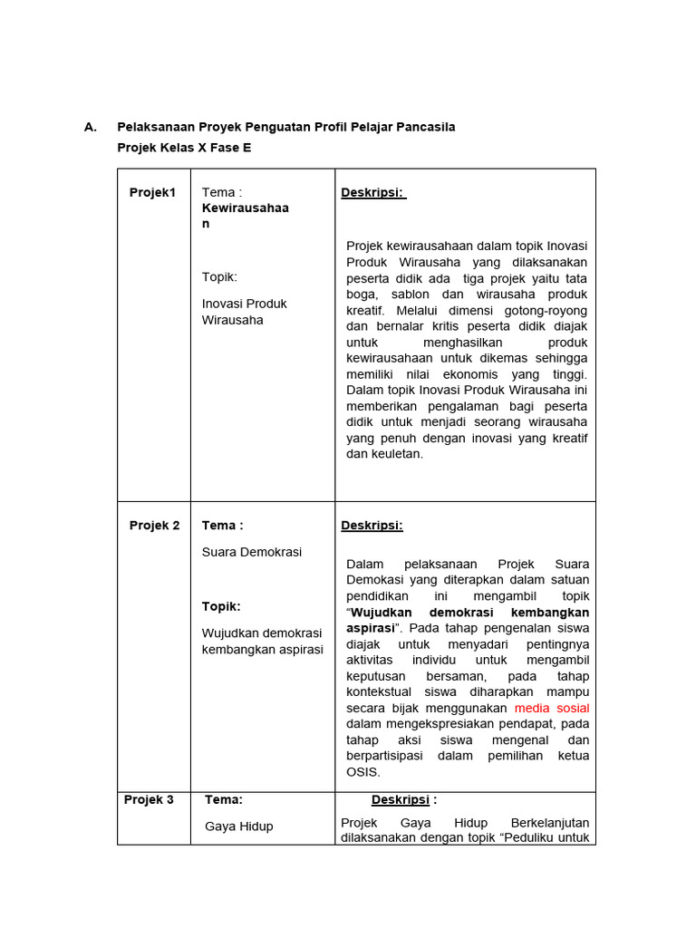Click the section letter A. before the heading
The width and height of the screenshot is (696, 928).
click(x=91, y=127)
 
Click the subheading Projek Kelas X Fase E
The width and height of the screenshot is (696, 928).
click(x=184, y=147)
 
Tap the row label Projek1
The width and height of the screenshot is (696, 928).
click(x=152, y=192)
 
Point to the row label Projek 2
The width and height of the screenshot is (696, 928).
click(x=154, y=526)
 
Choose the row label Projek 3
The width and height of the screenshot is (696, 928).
click(x=148, y=800)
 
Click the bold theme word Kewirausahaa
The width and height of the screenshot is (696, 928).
click(x=245, y=208)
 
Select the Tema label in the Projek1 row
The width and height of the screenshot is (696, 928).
click(x=221, y=192)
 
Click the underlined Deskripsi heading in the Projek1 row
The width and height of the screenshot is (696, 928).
click(x=373, y=192)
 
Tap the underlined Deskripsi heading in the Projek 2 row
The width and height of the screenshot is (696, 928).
click(x=372, y=526)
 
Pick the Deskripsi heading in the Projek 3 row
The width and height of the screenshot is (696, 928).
click(x=400, y=800)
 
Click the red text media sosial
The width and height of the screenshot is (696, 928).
click(x=551, y=708)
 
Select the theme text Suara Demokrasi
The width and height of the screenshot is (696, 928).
click(x=251, y=552)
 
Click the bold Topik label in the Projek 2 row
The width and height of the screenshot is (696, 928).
click(x=221, y=606)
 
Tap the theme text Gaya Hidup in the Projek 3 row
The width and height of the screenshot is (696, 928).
click(x=238, y=826)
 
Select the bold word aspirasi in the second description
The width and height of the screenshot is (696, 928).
click(x=371, y=628)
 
